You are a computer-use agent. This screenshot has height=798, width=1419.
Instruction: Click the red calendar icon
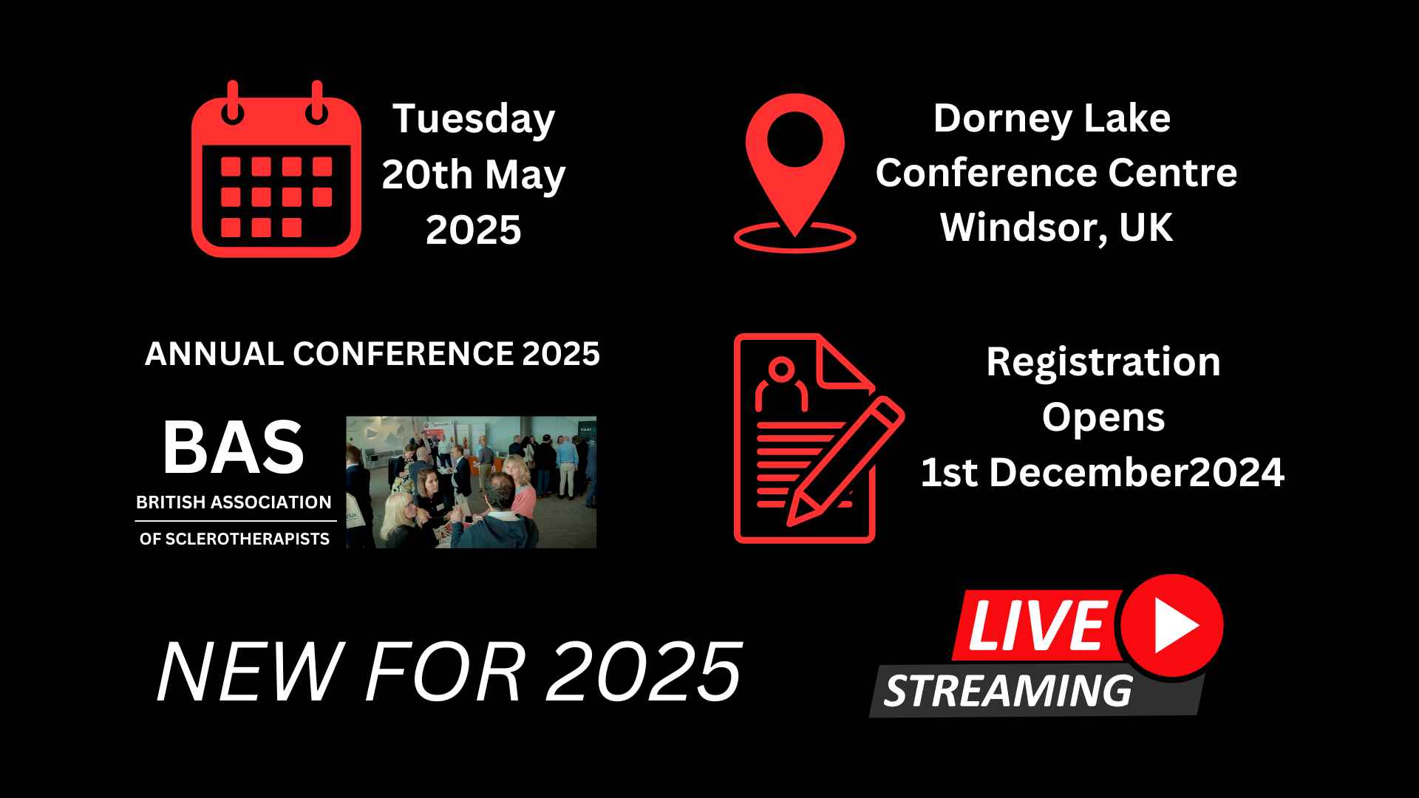(x=276, y=174)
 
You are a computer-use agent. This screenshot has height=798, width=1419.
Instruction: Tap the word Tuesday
(x=473, y=119)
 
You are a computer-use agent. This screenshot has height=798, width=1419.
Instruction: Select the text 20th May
(x=473, y=174)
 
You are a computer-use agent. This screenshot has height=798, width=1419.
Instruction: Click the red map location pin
(x=794, y=163)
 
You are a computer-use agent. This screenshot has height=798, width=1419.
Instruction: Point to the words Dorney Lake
(x=1052, y=118)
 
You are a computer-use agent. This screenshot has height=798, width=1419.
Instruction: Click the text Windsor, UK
(x=1056, y=227)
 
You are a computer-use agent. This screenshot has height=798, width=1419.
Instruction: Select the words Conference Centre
(x=1056, y=173)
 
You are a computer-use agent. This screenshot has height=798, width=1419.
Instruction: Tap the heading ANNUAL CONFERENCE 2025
(x=372, y=354)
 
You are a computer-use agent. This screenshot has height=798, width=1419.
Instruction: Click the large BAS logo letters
(x=233, y=448)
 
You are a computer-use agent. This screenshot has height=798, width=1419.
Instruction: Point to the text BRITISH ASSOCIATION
(x=234, y=502)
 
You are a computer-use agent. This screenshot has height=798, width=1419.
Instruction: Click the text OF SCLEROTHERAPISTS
(x=234, y=539)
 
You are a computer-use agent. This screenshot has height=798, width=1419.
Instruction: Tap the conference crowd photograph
(x=471, y=482)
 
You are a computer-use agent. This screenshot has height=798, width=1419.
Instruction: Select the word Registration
(x=1103, y=362)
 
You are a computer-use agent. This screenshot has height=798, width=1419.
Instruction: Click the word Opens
(x=1103, y=417)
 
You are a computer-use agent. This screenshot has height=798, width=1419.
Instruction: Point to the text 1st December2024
(x=1103, y=473)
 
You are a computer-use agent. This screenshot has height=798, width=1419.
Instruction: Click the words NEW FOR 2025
(x=449, y=672)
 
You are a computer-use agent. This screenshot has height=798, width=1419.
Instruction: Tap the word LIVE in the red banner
(x=1036, y=625)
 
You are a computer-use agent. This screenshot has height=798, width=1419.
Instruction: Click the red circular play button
(x=1171, y=625)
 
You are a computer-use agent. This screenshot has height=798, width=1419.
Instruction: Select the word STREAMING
(x=1008, y=692)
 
